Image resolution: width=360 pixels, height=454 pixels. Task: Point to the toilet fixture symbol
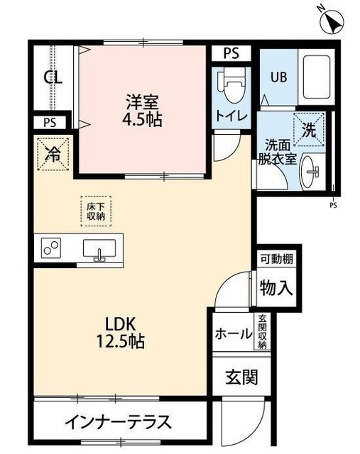229,87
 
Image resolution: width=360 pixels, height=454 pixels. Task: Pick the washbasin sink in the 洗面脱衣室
311,170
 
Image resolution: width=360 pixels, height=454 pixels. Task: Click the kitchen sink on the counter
99,249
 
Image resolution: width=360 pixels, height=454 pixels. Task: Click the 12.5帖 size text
121,341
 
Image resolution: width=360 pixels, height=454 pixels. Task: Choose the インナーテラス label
118,423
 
